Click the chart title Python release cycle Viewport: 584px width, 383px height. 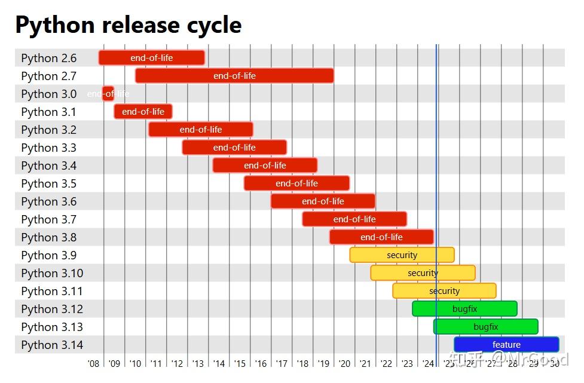coord(128,25)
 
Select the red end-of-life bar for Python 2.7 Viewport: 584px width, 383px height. coord(234,76)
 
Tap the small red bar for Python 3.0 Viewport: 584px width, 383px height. coord(108,94)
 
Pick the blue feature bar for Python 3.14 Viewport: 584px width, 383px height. coord(506,345)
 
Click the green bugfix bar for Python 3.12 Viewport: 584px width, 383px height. coord(464,309)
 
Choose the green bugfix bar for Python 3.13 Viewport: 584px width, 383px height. coord(485,327)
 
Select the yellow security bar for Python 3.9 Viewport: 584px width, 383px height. coord(402,255)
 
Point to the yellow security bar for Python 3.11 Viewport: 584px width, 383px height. coord(444,291)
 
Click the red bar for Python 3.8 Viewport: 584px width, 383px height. coord(381,237)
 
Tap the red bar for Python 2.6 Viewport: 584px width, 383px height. coord(152,58)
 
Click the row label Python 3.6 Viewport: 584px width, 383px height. coord(49,201)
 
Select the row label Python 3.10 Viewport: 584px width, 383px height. coord(52,273)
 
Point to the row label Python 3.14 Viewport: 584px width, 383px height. coord(52,345)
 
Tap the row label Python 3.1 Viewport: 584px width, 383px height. coord(49,112)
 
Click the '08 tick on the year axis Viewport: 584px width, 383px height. coord(93,363)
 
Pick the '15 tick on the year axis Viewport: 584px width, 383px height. coord(240,363)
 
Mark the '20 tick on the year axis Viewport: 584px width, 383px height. coord(344,363)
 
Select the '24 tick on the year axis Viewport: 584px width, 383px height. coord(428,363)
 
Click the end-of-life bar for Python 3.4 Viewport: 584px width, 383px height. coord(265,166)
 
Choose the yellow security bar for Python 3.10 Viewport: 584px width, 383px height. coord(423,273)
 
